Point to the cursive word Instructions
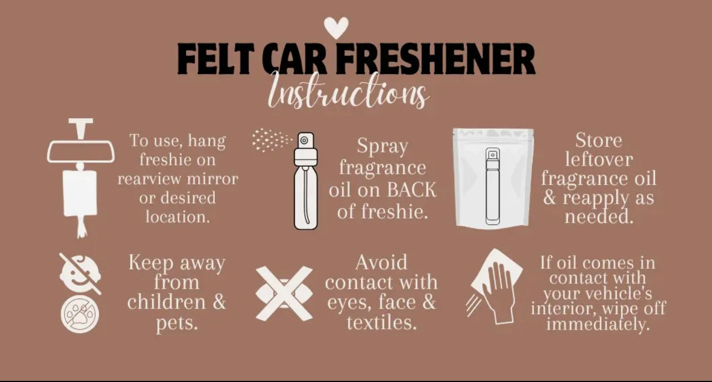348,91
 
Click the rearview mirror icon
81,152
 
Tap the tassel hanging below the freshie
82,226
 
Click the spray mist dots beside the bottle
272,140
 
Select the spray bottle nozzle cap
305,149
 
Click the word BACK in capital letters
412,189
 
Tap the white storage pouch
493,177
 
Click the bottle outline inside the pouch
492,186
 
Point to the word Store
599,140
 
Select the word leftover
599,159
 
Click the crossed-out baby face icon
81,273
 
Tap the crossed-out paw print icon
80,314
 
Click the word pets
177,323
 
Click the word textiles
382,322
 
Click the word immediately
598,324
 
